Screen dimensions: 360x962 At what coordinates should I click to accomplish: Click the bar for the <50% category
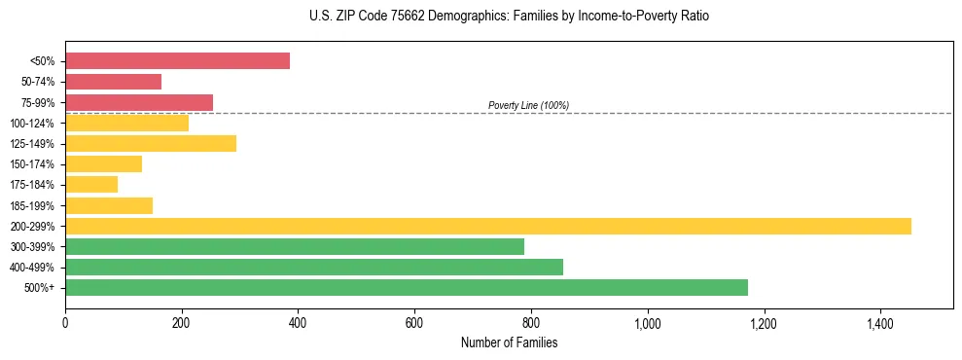point(177,61)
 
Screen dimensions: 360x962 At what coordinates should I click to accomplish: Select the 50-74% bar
point(113,82)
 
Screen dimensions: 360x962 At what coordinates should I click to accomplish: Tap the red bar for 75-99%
point(139,102)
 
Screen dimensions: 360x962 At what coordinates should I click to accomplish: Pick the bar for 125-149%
point(151,144)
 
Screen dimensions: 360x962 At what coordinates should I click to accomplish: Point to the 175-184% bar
point(91,185)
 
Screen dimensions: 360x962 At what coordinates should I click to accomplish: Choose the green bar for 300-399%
point(295,247)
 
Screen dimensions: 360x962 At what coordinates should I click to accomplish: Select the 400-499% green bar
point(314,268)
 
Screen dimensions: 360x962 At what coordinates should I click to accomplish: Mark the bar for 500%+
point(407,288)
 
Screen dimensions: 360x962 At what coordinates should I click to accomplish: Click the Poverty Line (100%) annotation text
point(528,105)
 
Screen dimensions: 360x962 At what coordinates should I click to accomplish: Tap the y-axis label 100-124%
point(33,124)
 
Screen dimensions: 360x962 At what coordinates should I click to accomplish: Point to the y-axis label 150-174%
point(33,164)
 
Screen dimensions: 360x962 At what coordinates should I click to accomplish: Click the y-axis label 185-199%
point(33,206)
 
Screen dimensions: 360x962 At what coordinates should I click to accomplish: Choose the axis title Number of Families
point(509,342)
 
